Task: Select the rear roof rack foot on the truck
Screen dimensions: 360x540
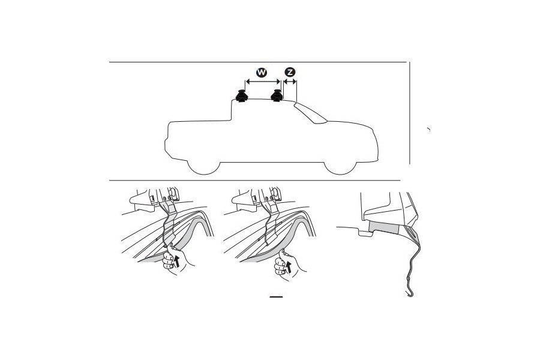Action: click(241, 95)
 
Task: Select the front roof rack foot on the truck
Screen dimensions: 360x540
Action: click(277, 95)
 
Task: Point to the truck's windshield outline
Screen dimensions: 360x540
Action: click(310, 113)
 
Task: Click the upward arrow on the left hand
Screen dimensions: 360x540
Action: click(176, 260)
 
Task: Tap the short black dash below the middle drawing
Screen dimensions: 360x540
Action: click(276, 296)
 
